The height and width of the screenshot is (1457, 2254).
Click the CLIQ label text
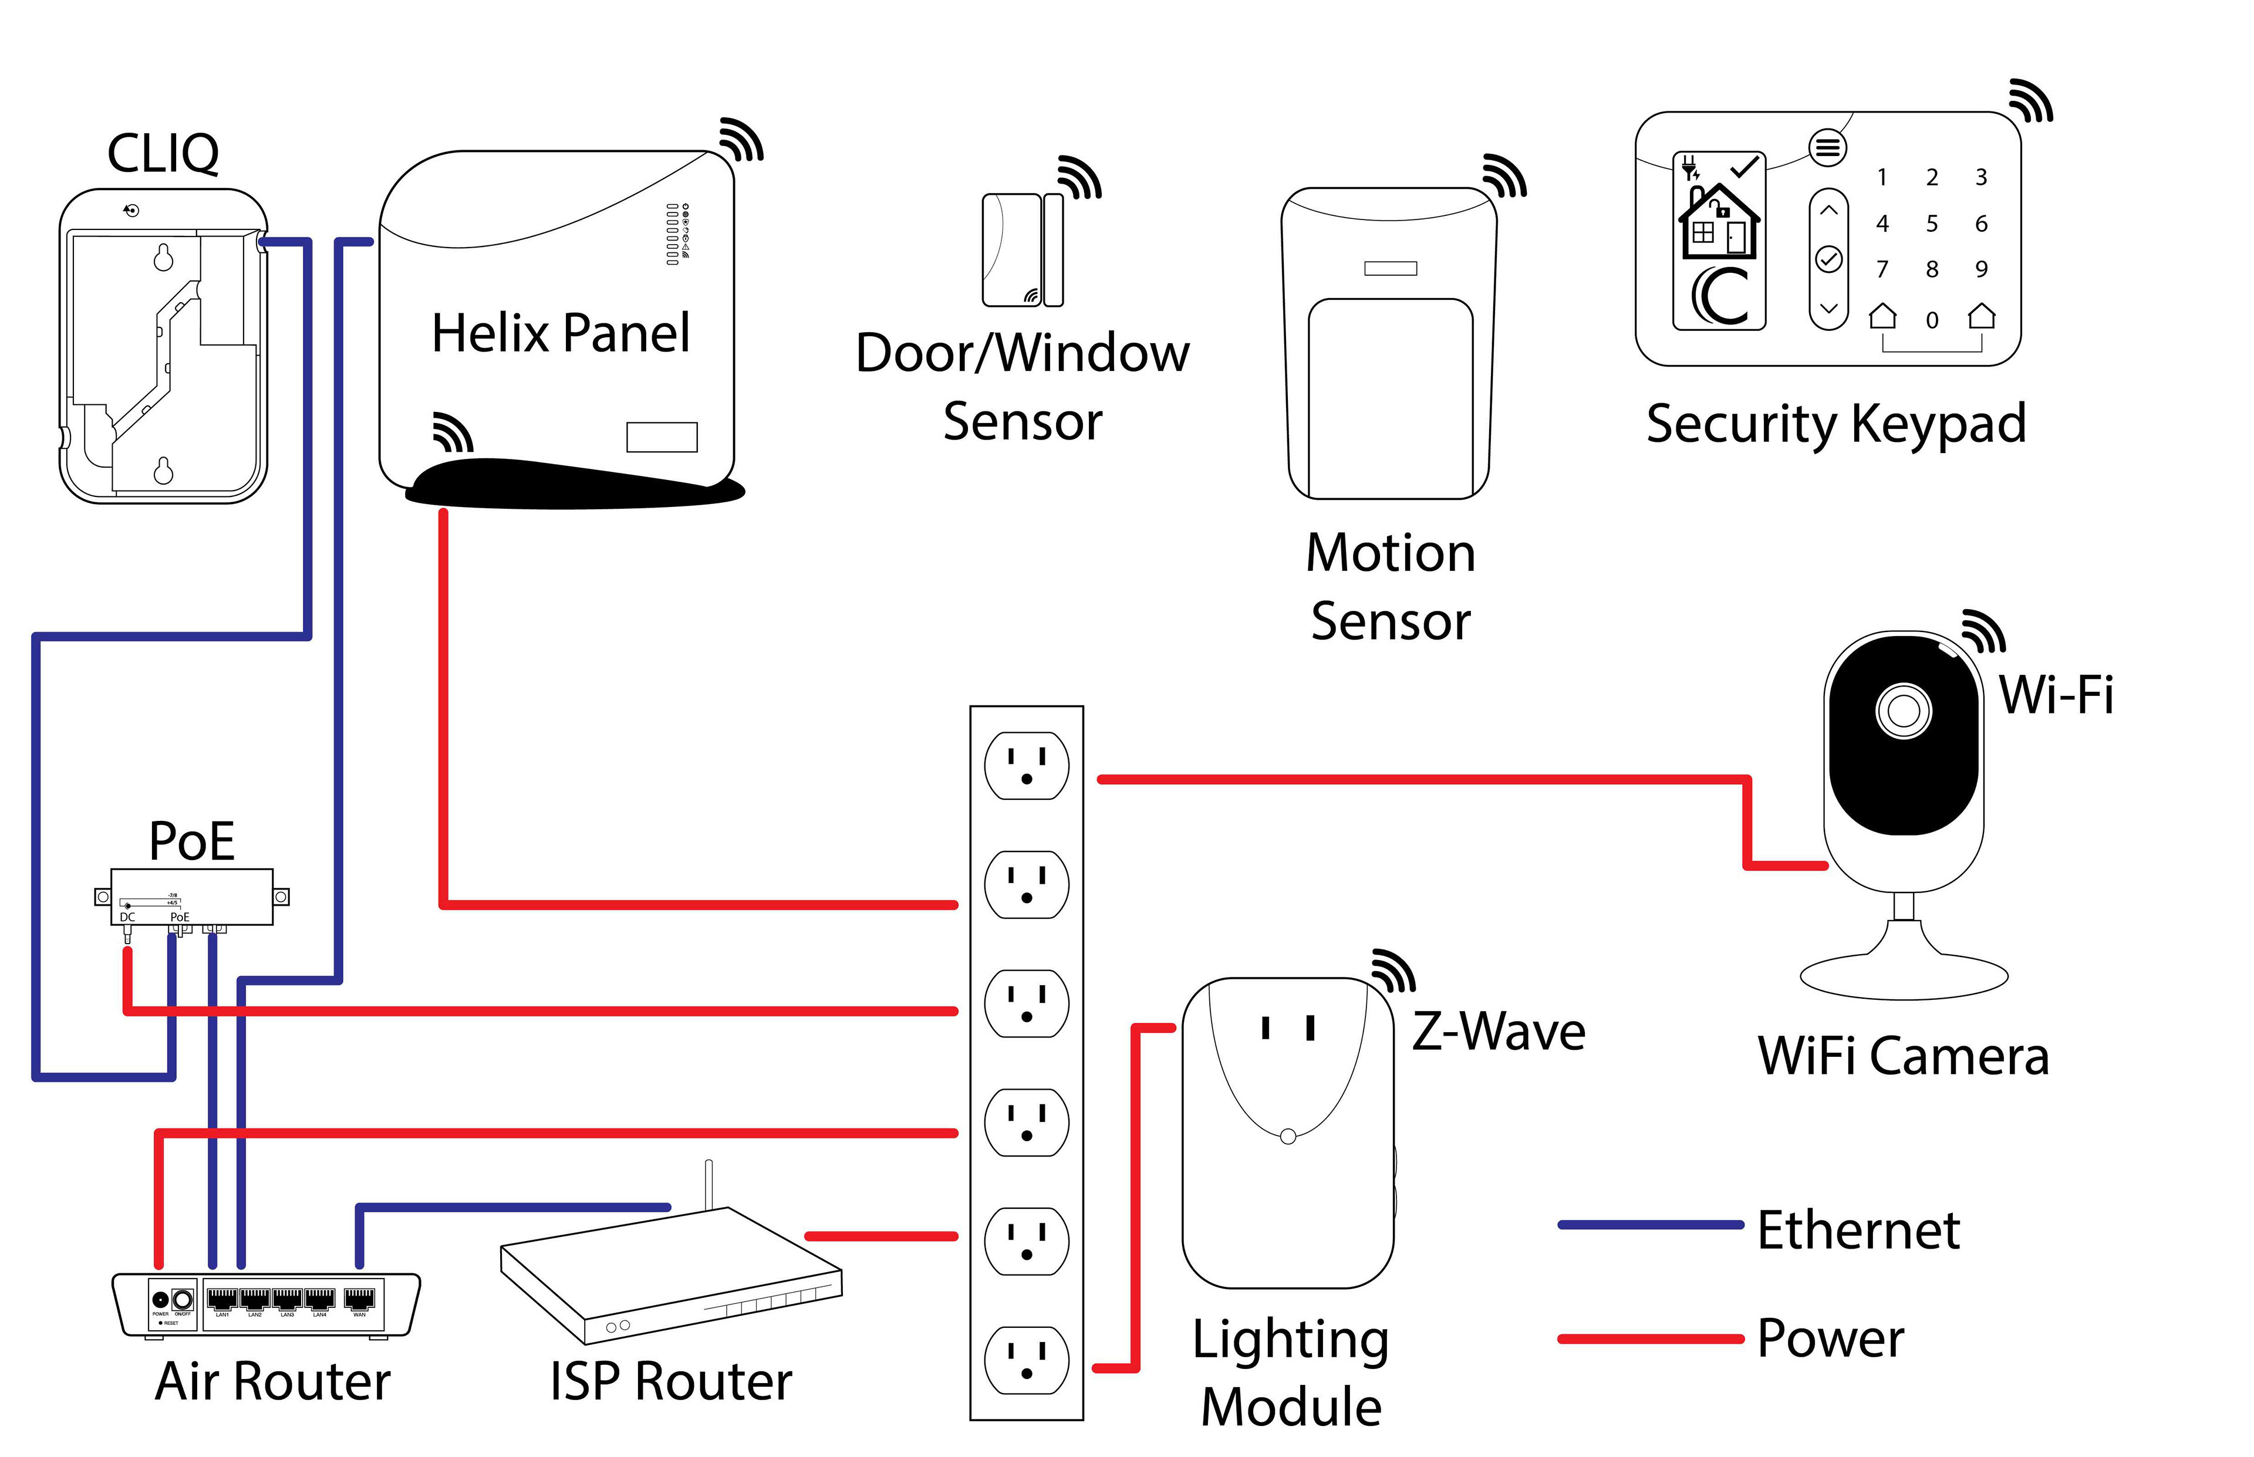coord(163,153)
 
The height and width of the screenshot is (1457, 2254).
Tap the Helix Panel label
coord(560,333)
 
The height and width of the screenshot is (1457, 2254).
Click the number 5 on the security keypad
coord(1931,224)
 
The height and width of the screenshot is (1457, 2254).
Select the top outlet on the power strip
coord(1027,765)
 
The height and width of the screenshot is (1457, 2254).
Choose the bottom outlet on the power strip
coord(1027,1360)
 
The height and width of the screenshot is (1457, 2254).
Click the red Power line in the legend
coord(1649,1338)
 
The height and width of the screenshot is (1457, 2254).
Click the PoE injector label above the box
coord(192,840)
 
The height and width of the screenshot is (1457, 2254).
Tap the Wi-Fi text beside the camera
coord(2055,695)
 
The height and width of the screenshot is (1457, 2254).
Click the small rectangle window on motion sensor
coord(1390,269)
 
